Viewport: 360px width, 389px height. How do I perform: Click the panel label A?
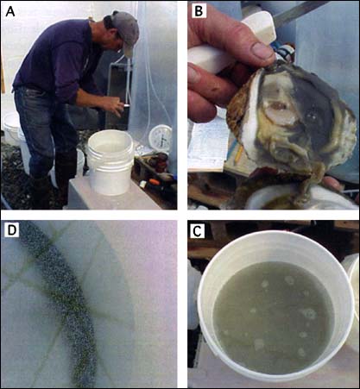click(x=10, y=11)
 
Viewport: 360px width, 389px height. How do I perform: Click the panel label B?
click(x=199, y=11)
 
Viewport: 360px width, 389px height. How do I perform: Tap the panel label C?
click(x=197, y=231)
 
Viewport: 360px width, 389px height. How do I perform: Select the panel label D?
click(x=11, y=231)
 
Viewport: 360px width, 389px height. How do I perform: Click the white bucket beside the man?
click(x=110, y=163)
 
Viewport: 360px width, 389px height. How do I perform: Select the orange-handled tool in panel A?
click(x=153, y=182)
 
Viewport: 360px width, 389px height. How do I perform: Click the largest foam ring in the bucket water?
click(x=308, y=314)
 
